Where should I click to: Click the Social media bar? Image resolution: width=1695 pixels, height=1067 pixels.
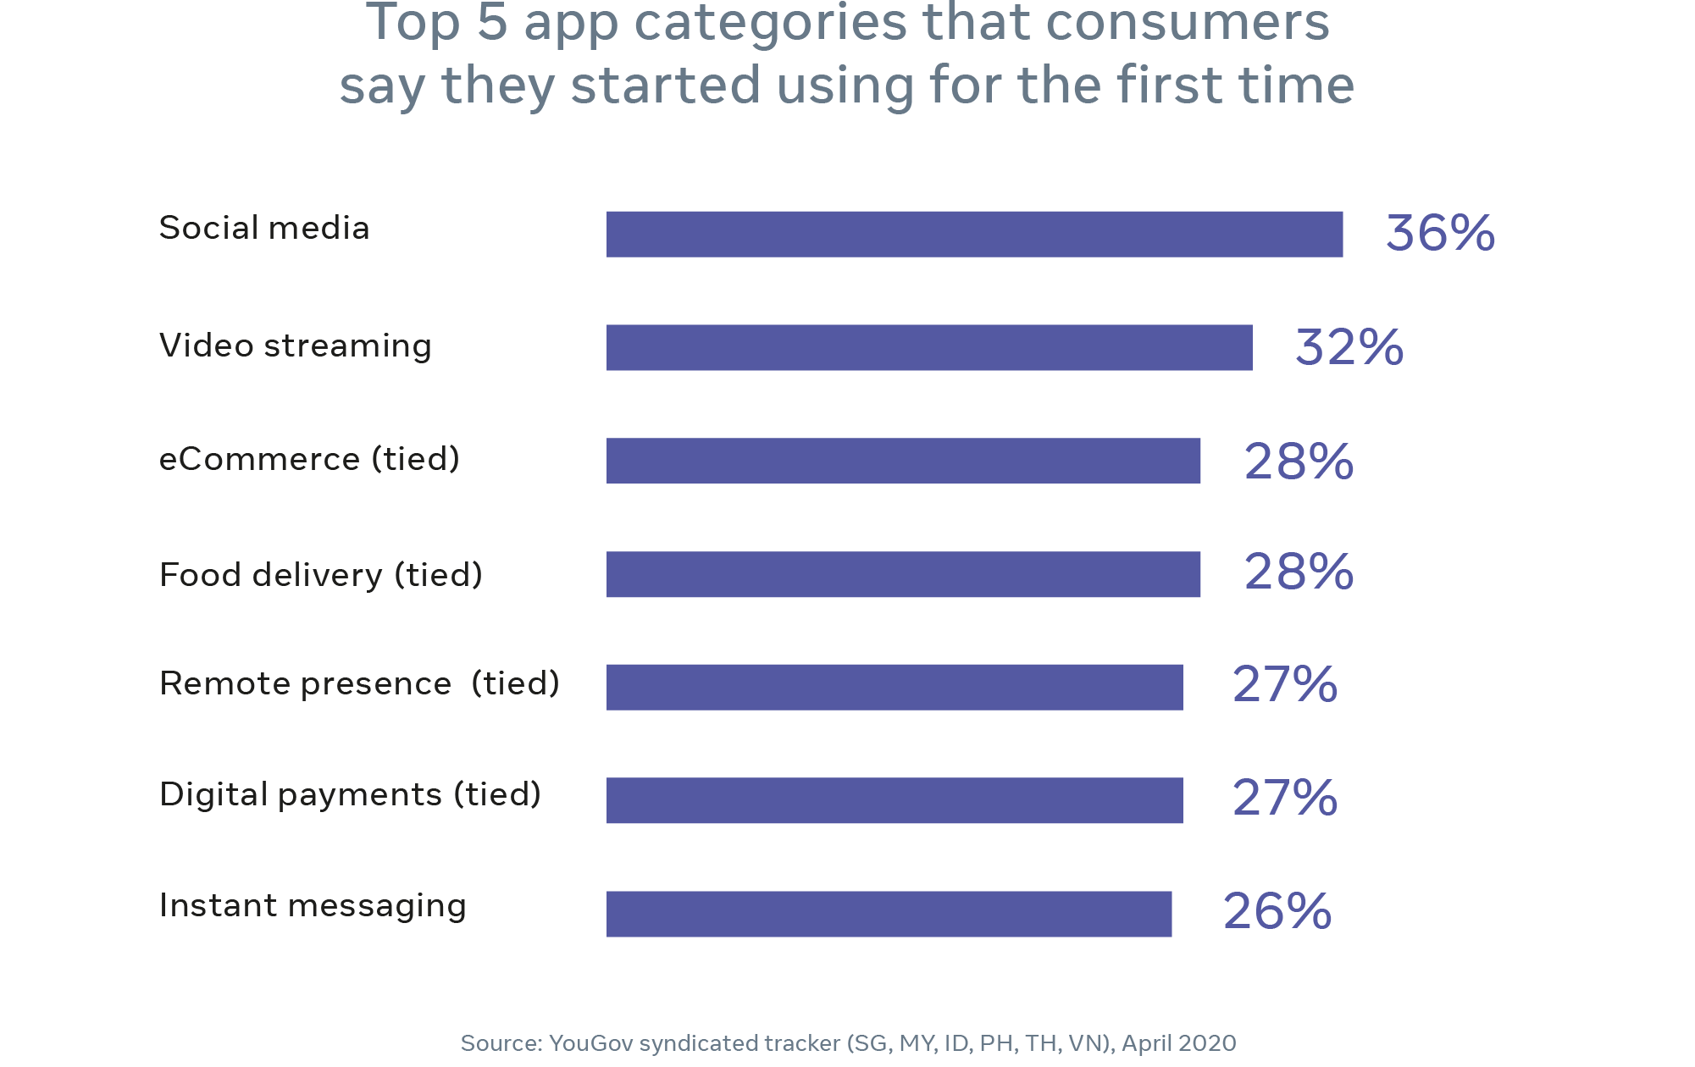click(x=974, y=234)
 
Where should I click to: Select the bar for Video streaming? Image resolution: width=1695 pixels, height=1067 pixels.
click(x=929, y=347)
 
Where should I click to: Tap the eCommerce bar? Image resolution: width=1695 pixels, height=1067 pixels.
click(x=903, y=461)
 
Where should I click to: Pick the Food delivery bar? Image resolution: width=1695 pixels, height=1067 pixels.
click(x=903, y=574)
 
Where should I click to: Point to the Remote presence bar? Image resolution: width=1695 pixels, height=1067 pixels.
click(x=895, y=687)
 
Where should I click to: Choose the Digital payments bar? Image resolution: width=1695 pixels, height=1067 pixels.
click(x=895, y=800)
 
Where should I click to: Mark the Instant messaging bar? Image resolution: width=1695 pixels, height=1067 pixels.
click(x=889, y=914)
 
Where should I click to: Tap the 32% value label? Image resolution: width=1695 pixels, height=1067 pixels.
click(x=1349, y=347)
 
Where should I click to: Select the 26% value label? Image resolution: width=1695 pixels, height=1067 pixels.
click(x=1277, y=911)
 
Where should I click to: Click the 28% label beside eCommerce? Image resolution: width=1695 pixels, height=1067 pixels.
click(x=1299, y=462)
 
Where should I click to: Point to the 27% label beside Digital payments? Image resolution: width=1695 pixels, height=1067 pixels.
click(x=1284, y=798)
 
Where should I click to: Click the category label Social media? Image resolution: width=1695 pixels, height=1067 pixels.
click(x=264, y=228)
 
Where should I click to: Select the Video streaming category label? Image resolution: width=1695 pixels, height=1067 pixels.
click(x=295, y=346)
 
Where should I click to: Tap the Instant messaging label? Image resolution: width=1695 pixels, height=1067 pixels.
click(x=313, y=905)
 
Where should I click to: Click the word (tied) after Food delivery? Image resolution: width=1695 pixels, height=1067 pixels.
click(x=439, y=575)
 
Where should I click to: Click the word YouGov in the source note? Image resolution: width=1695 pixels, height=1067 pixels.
click(x=590, y=1043)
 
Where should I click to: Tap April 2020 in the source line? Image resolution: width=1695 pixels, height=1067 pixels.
click(x=1178, y=1043)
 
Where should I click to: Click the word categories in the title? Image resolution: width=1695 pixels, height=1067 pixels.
click(x=771, y=24)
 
